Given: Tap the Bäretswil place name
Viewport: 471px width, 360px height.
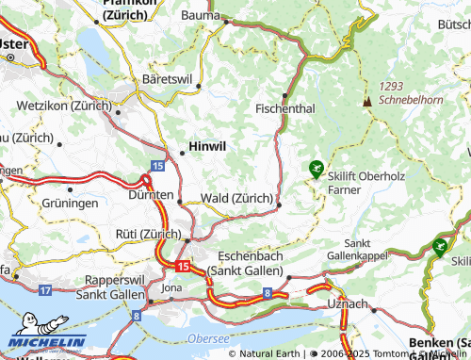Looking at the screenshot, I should coord(166,78).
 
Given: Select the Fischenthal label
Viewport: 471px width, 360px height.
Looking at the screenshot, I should coord(285,109).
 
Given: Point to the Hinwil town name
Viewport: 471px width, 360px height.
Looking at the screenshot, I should coord(208,147).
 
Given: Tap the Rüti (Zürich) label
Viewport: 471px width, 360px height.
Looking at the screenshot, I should coord(146,234).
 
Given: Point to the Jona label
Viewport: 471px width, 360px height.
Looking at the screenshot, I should coord(171,287).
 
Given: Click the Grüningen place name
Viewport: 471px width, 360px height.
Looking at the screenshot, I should coord(70,203).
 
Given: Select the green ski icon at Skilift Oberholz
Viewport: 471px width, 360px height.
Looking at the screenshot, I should coord(317,169).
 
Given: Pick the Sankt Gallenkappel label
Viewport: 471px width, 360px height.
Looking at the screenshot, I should coord(358,250).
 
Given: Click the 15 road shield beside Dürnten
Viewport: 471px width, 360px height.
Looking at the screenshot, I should coord(156,165).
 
